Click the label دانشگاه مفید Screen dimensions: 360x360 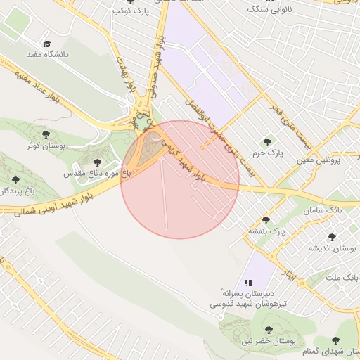45,53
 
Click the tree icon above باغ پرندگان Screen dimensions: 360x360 15,180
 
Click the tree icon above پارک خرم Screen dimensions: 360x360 266,141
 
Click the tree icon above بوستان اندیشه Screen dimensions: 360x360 332,237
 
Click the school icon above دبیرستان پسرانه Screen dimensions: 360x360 248,283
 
